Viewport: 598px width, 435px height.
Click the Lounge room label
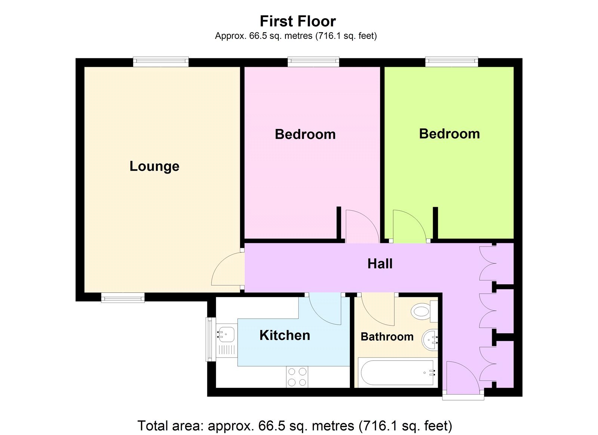pyautogui.click(x=154, y=166)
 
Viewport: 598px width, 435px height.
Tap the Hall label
pyautogui.click(x=380, y=264)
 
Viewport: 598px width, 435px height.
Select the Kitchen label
pyautogui.click(x=284, y=335)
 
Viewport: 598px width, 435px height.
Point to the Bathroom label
pyautogui.click(x=387, y=337)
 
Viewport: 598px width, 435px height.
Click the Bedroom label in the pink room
pyautogui.click(x=305, y=134)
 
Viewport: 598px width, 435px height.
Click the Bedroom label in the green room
pyautogui.click(x=449, y=134)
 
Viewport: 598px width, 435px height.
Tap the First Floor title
pyautogui.click(x=298, y=21)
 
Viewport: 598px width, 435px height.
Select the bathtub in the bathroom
pyautogui.click(x=396, y=373)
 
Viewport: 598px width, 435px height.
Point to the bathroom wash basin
pyautogui.click(x=430, y=340)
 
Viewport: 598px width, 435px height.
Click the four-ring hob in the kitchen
pyautogui.click(x=297, y=377)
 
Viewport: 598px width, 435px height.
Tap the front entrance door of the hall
pyautogui.click(x=462, y=378)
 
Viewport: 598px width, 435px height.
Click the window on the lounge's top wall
pyautogui.click(x=161, y=62)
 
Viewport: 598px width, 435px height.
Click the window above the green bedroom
pyautogui.click(x=451, y=62)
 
